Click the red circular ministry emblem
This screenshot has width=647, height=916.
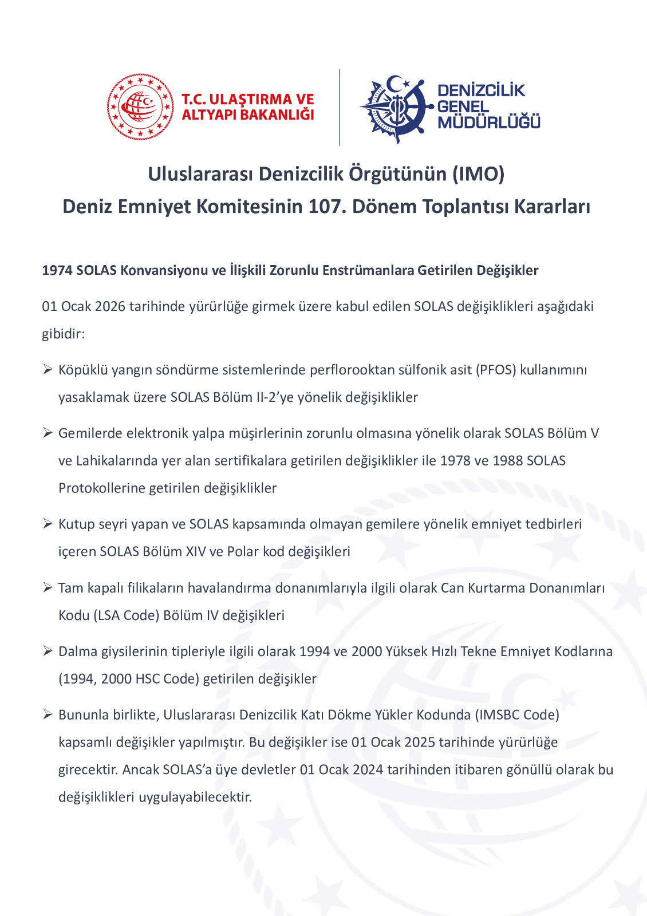coord(140,107)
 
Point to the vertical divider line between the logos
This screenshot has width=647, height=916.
coord(340,108)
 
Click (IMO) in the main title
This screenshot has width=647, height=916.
coord(478,173)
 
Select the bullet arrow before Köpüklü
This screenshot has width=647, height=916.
coord(48,370)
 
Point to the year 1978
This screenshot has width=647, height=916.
coord(456,461)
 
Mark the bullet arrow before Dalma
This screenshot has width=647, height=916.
coord(48,652)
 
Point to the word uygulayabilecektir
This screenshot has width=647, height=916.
coord(195,797)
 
